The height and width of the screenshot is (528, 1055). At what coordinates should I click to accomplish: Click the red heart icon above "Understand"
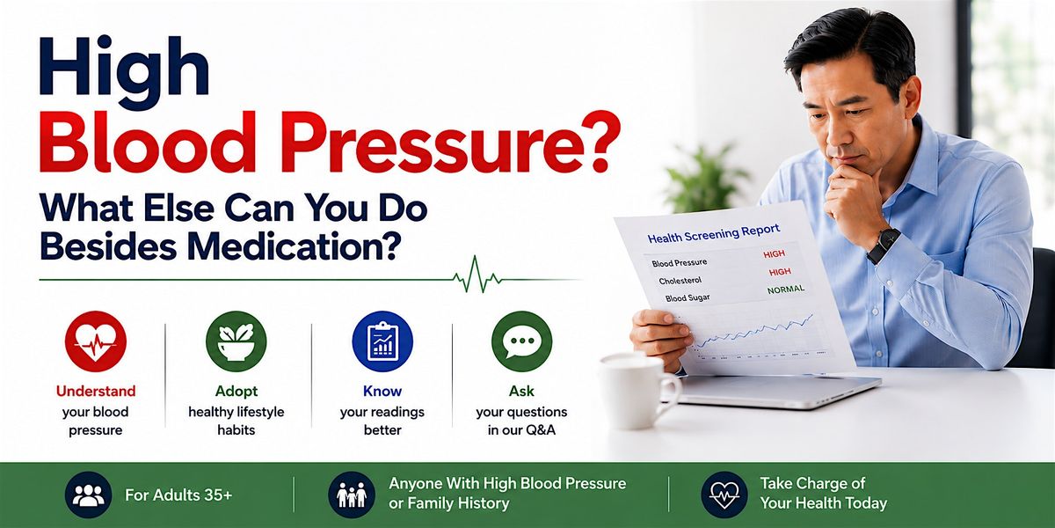96,341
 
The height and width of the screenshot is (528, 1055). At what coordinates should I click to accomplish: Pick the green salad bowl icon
236,341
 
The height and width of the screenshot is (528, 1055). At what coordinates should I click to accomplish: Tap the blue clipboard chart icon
382,341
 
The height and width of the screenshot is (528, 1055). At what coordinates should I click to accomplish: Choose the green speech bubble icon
521,341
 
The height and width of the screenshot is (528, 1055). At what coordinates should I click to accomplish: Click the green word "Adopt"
236,392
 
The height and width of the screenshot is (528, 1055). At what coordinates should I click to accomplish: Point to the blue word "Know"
382,391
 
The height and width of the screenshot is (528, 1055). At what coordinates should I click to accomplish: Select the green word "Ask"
521,391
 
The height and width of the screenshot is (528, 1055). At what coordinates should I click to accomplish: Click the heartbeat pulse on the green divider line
477,275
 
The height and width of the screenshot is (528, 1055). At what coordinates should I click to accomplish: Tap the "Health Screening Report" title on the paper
714,233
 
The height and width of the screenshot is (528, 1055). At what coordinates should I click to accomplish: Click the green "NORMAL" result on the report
786,290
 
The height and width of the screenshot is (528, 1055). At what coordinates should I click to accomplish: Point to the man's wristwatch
884,246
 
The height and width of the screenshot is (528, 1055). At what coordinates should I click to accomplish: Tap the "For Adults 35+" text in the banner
178,495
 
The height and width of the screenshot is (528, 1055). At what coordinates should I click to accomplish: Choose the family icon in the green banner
352,495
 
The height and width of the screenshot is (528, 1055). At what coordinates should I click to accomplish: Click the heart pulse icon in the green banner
724,495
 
